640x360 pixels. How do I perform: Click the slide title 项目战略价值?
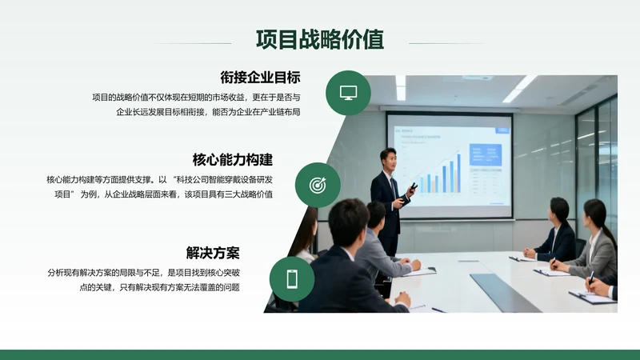coord(319,39)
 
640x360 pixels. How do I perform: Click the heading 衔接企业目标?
coord(260,78)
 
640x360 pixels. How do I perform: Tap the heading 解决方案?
coord(213,253)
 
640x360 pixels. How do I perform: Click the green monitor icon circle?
coord(348,93)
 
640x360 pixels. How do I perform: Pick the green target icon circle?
coord(318,185)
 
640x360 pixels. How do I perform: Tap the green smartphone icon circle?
coord(291,278)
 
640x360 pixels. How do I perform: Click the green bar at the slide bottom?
coord(320,354)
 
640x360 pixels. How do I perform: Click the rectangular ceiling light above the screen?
coord(478,78)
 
